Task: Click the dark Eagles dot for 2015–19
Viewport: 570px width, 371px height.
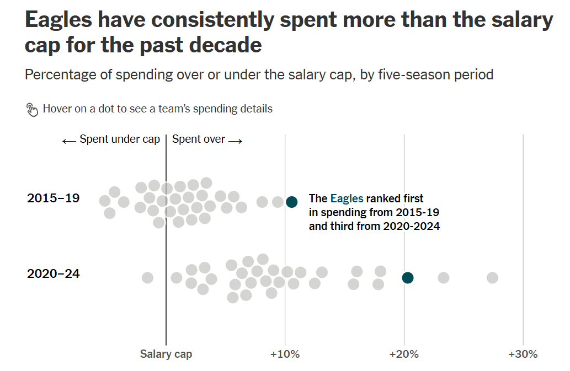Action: coord(292,202)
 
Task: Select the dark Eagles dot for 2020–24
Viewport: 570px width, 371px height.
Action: coord(407,277)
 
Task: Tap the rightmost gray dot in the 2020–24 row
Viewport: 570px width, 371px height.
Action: coord(492,278)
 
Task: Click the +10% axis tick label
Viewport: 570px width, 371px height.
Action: coord(285,354)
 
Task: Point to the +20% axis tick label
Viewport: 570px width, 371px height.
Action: coord(404,354)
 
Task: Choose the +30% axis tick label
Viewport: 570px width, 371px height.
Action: coord(523,354)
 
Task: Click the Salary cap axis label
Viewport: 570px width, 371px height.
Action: coord(166,354)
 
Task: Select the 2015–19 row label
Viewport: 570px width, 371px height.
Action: coord(53,198)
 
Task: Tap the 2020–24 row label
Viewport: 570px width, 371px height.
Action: coord(53,273)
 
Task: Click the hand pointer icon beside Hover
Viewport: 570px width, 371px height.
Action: coord(33,109)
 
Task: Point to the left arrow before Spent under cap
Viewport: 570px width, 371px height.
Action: coord(69,141)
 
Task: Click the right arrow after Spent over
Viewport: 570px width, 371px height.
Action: coord(236,141)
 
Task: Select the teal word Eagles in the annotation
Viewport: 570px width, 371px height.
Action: coord(346,198)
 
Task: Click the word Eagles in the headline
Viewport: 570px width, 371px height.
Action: coord(58,21)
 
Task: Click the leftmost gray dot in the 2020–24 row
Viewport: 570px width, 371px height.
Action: coord(147,277)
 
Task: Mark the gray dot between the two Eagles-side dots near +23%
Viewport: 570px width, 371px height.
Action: coord(443,277)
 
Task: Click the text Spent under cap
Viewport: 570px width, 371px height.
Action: coord(120,139)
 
